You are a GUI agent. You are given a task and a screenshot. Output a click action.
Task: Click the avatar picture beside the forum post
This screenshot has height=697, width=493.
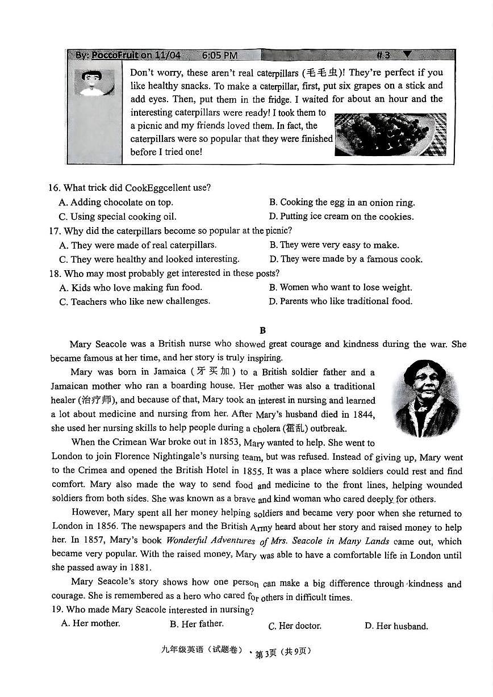click(94, 82)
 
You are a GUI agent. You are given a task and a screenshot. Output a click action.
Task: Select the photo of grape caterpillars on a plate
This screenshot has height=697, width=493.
click(390, 135)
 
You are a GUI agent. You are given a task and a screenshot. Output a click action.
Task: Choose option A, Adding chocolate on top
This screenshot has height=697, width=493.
click(116, 202)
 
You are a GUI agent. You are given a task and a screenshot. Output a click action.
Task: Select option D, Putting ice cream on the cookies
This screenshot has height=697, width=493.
click(341, 216)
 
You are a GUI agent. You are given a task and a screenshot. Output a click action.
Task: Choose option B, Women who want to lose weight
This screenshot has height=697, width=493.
click(340, 287)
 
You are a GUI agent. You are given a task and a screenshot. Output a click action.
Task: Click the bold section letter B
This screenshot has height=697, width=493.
click(262, 330)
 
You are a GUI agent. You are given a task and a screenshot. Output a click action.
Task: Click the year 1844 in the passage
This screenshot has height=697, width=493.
click(362, 414)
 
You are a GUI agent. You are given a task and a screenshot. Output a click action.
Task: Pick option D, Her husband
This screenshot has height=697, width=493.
click(396, 626)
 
